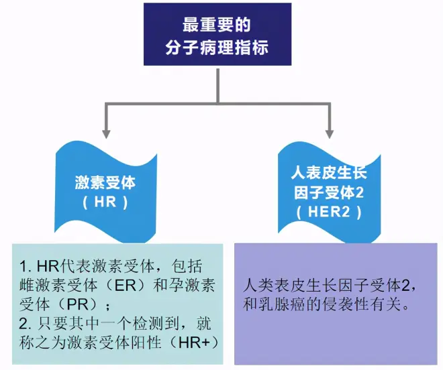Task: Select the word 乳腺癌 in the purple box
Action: [286, 304]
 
